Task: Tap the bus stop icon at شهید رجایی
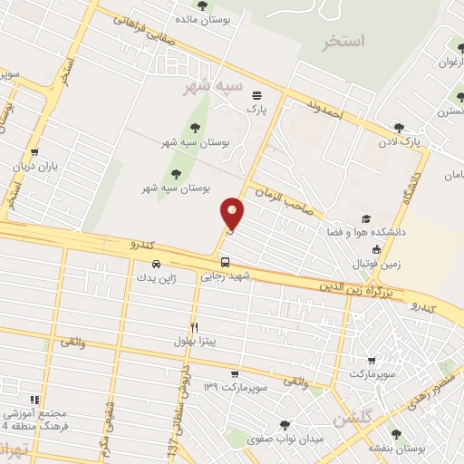225,262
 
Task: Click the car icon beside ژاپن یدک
157,264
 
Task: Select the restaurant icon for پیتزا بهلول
194,327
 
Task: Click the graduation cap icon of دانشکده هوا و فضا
365,218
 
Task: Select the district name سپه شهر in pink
214,87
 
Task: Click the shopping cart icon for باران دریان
34,152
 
